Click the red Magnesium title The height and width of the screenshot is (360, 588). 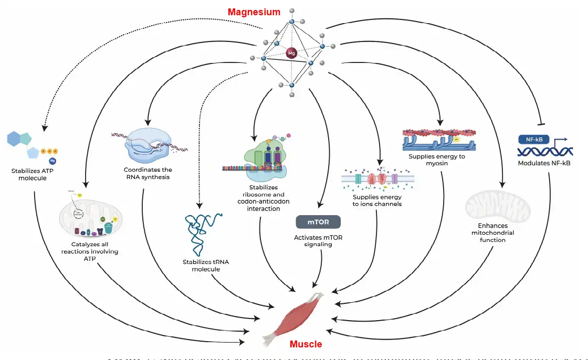coord(254,12)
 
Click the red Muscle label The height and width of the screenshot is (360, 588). coord(306,345)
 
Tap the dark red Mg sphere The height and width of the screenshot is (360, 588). coord(291,52)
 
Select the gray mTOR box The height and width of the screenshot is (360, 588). coord(318,222)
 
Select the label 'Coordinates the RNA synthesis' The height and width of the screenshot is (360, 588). coord(148,173)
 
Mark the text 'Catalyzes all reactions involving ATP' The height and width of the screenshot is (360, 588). coord(95,251)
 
